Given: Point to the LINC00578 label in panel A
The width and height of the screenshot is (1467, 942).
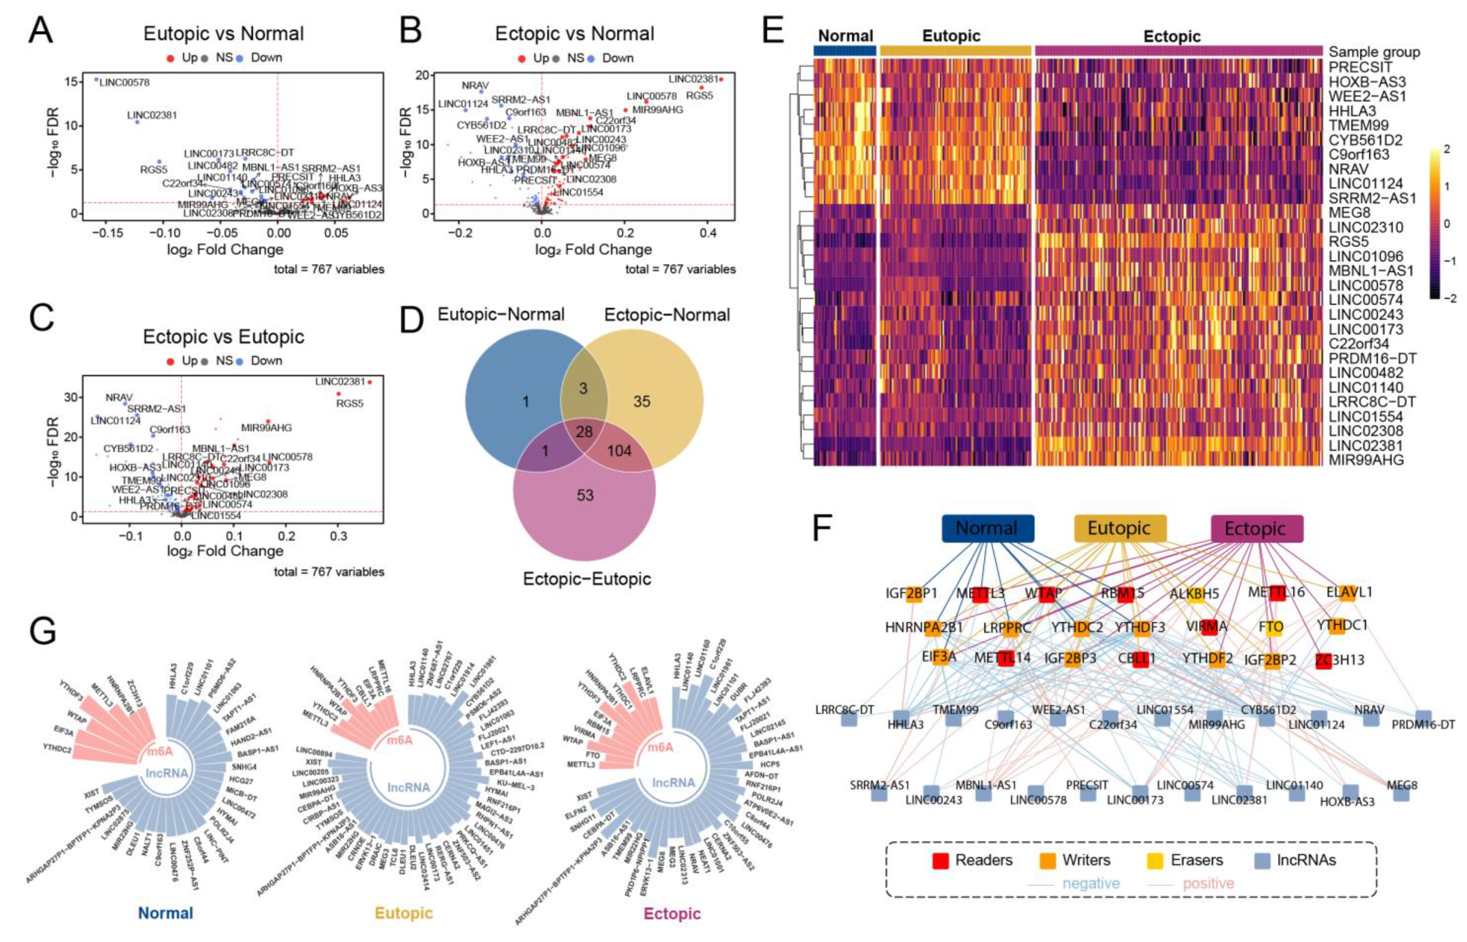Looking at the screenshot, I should click(x=124, y=82).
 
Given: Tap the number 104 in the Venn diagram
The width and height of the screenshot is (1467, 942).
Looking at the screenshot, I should click(x=619, y=451).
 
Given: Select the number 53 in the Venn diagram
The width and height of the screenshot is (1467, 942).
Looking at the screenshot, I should click(x=585, y=495).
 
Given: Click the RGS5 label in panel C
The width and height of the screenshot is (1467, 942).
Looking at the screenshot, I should click(x=349, y=404).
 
